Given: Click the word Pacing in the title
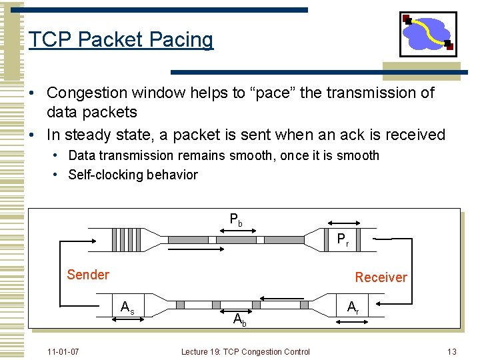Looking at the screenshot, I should (x=181, y=40).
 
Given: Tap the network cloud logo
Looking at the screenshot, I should (x=428, y=33).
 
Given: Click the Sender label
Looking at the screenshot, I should (x=88, y=274).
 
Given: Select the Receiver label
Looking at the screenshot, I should (x=381, y=277).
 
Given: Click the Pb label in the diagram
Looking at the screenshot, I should (x=236, y=219).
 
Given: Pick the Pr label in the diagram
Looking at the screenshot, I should (x=343, y=240).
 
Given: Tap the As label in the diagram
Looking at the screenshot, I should (x=127, y=308).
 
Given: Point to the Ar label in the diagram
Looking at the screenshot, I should (x=353, y=307).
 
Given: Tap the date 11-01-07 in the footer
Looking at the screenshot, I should (x=63, y=351).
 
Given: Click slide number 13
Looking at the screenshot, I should (x=451, y=351).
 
